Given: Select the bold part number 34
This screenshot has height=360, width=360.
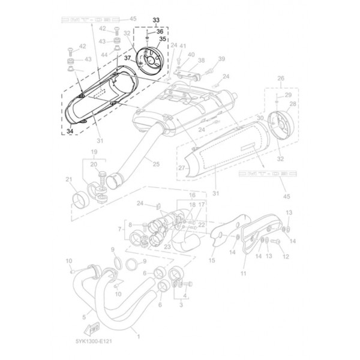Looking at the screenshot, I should (70, 131).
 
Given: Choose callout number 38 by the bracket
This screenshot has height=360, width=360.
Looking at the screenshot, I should (201, 61).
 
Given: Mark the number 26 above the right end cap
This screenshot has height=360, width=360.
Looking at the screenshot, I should (280, 79).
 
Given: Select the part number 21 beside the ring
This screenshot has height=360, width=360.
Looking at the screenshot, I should (69, 179).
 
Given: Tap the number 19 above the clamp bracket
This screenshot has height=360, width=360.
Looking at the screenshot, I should (94, 152).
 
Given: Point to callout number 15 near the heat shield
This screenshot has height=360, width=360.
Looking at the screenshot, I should (212, 260).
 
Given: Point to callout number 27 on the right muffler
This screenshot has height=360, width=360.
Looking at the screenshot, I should (181, 169).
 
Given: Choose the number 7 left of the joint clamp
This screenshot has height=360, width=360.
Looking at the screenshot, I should (119, 229).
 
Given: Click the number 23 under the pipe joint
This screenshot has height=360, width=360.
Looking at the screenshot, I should (166, 246).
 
